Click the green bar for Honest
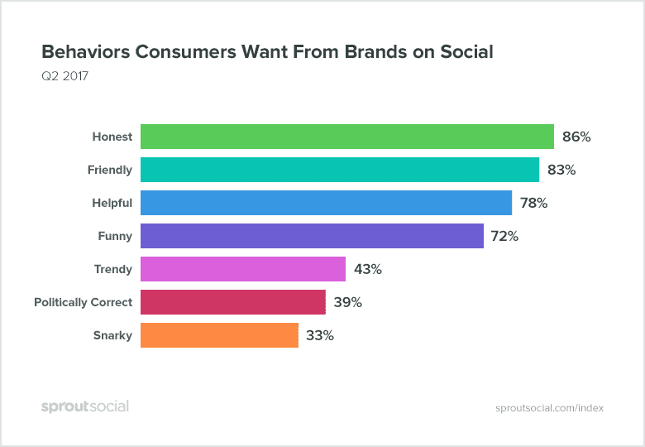(347, 137)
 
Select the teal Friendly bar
(340, 170)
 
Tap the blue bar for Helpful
(326, 203)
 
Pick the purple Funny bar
(312, 236)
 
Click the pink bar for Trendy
(243, 269)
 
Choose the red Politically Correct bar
(233, 302)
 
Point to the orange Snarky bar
(219, 335)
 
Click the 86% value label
(576, 137)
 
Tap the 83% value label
(561, 171)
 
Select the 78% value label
(533, 204)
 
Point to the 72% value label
(504, 237)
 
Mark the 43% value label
(367, 270)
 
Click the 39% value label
(347, 303)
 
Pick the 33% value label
(320, 336)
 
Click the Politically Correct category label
(83, 303)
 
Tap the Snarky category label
(112, 336)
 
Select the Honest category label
(112, 137)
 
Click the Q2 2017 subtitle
(64, 77)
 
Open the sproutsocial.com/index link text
(549, 408)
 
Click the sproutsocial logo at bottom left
(85, 406)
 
